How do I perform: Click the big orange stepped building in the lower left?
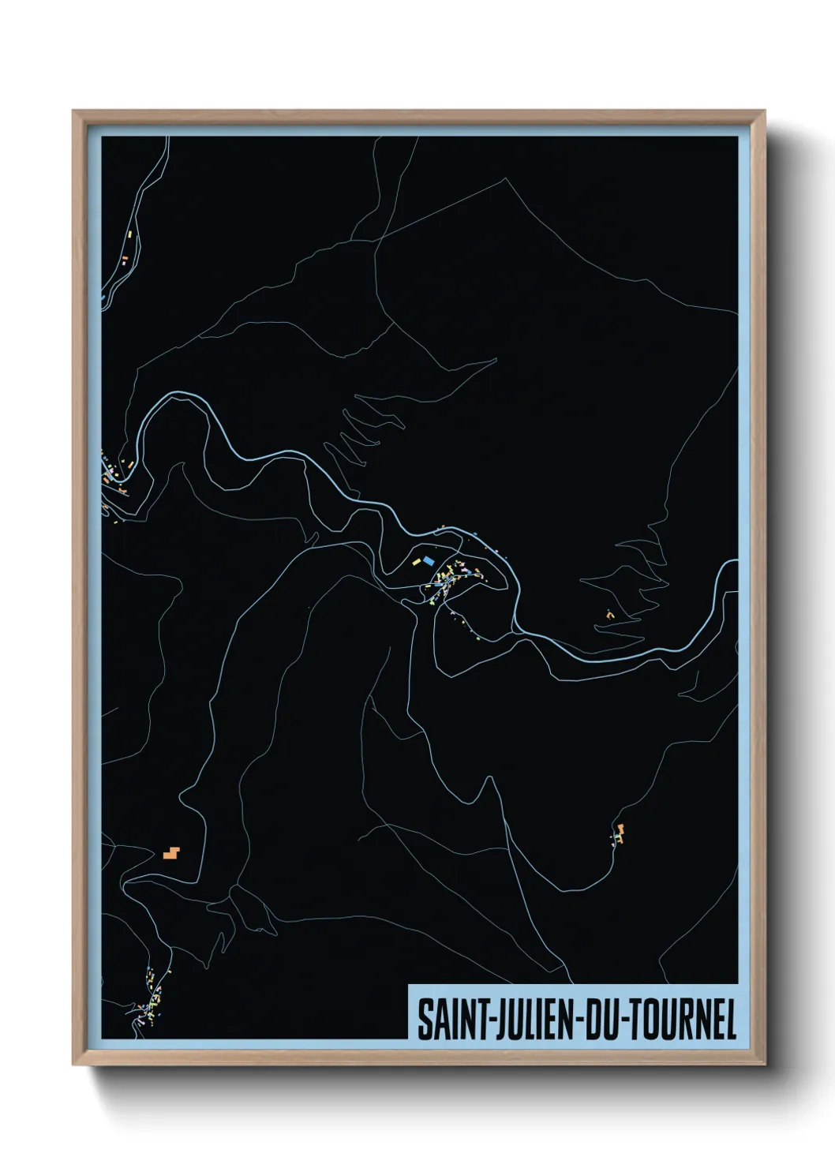pyautogui.click(x=170, y=852)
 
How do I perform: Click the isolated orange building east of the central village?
pyautogui.click(x=609, y=613)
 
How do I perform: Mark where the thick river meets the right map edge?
pyautogui.click(x=736, y=564)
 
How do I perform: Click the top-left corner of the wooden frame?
pyautogui.click(x=73, y=111)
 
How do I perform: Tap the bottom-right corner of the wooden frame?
pyautogui.click(x=765, y=1065)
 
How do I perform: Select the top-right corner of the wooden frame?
pyautogui.click(x=765, y=111)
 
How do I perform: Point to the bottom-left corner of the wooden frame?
pyautogui.click(x=73, y=1065)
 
